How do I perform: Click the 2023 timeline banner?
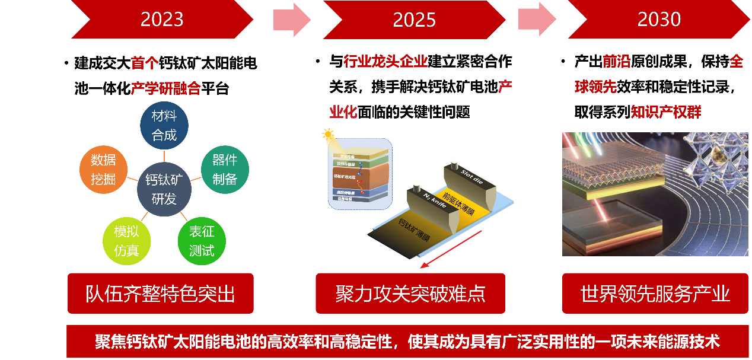(x=162, y=20)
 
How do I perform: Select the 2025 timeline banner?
(x=414, y=20)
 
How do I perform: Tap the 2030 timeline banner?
(x=659, y=20)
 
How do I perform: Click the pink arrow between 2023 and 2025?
(x=292, y=20)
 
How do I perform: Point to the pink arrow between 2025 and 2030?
(x=537, y=20)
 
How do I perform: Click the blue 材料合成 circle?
(x=164, y=125)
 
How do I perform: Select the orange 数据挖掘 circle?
(x=103, y=169)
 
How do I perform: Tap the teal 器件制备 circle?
(x=225, y=169)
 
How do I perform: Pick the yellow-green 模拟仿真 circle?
(x=126, y=241)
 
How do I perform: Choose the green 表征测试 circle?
(x=202, y=241)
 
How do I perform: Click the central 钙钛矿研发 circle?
(x=164, y=190)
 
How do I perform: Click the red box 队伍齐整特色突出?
(x=161, y=293)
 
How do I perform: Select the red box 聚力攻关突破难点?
(x=410, y=293)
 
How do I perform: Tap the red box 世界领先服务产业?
(x=655, y=293)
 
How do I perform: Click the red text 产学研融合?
(x=166, y=89)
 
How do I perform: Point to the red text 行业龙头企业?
(x=386, y=62)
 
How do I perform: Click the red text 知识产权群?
(x=666, y=112)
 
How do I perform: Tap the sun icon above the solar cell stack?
(x=329, y=134)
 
